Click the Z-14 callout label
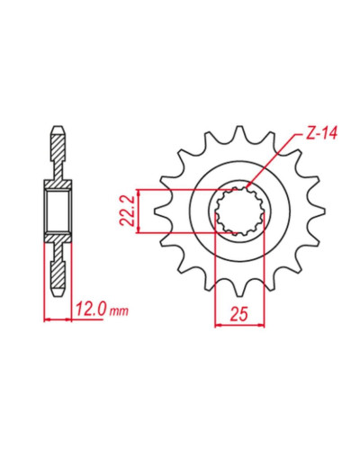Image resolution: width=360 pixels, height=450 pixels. [321, 134]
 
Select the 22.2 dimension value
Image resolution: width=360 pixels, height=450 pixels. [126, 211]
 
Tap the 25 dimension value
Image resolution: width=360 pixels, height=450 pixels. [239, 314]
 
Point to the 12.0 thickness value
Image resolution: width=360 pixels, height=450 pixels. [91, 309]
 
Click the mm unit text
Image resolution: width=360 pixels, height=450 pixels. [119, 311]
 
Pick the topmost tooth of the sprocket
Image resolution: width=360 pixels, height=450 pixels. [239, 133]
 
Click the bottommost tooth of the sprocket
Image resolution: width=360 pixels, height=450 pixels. [239, 288]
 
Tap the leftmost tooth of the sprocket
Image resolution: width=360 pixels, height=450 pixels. [162, 211]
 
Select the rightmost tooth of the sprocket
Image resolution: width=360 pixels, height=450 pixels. [317, 211]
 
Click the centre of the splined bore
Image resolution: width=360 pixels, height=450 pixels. [239, 211]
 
